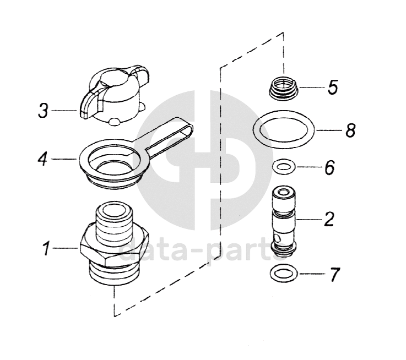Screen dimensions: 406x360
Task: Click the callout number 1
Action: point(47,248)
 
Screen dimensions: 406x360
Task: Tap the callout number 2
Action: point(329,219)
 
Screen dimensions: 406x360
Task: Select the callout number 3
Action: point(43,110)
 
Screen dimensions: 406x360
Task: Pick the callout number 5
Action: point(333,87)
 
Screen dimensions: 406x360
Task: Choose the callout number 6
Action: point(329,167)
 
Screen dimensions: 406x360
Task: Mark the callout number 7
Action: point(334,274)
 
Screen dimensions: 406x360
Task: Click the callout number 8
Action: point(350,130)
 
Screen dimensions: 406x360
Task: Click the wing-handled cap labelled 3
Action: point(114,95)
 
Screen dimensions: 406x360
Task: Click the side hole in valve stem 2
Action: point(278,237)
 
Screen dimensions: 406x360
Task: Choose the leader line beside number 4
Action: point(63,159)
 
